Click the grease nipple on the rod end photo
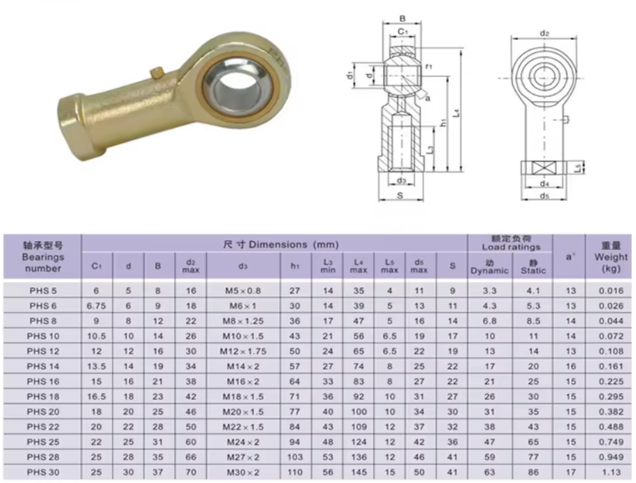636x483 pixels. [157, 73]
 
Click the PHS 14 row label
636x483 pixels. [43, 366]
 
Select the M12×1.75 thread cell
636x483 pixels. [243, 351]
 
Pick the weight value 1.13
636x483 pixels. [611, 472]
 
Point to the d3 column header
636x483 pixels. [243, 266]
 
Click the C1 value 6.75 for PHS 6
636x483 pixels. [96, 306]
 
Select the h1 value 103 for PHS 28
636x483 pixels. [295, 457]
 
